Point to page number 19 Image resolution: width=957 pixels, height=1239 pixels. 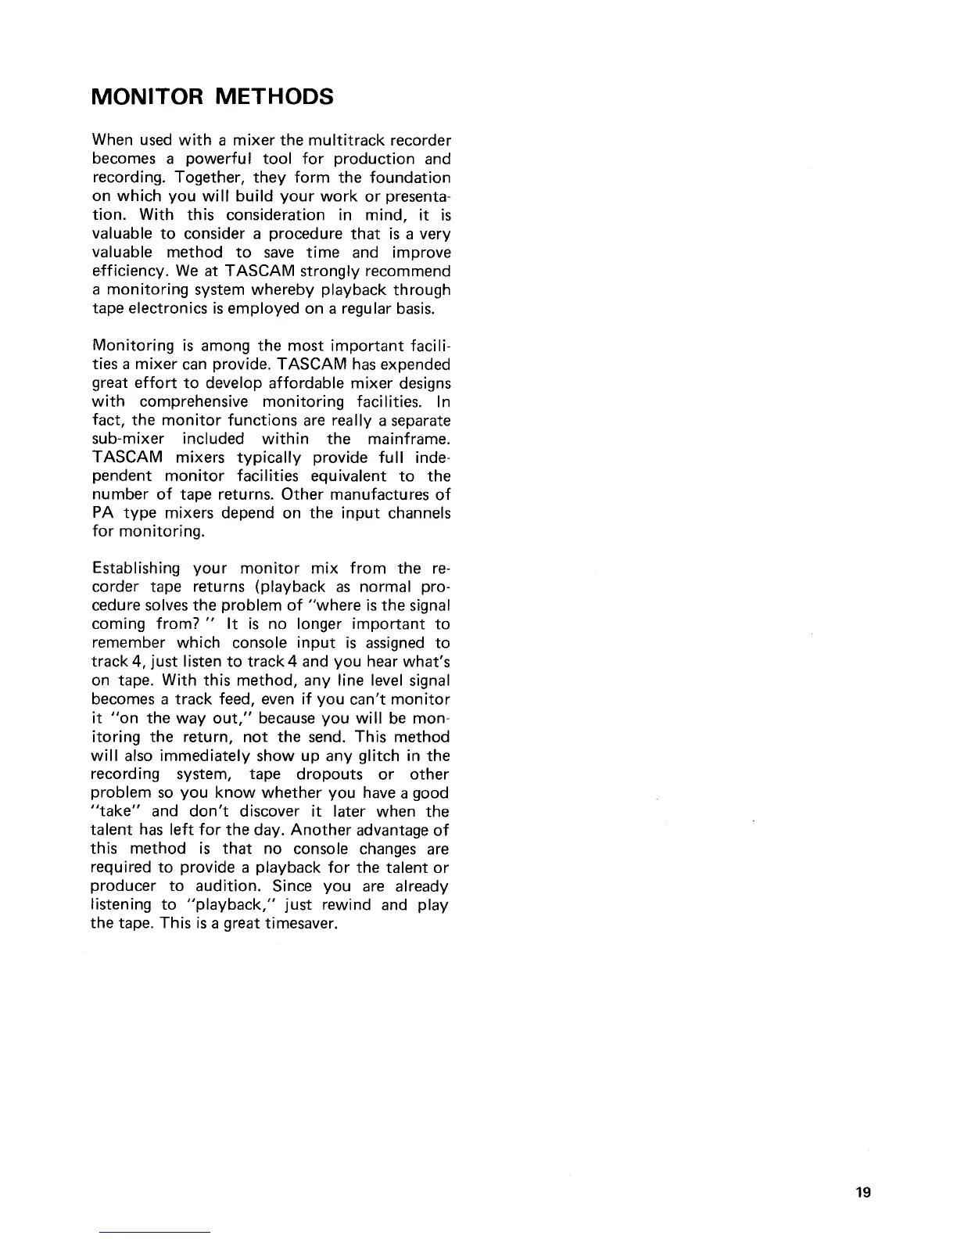click(x=862, y=1192)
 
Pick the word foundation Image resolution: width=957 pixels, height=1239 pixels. click(x=410, y=178)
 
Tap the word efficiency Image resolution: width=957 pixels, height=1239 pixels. click(x=125, y=271)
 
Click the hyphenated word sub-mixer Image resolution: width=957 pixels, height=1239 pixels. click(x=128, y=439)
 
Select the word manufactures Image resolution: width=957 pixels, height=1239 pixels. click(x=382, y=495)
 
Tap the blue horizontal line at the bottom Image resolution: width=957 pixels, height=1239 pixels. click(x=155, y=1232)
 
